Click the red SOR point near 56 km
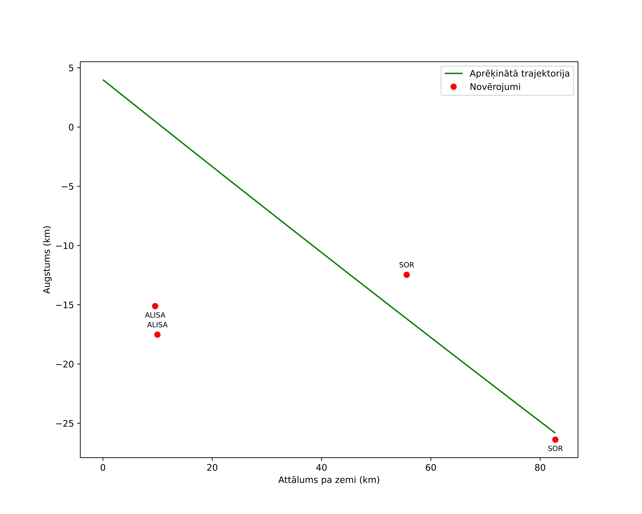tap(407, 275)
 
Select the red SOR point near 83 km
tap(555, 439)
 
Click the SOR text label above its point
tap(407, 265)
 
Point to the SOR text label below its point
tap(555, 449)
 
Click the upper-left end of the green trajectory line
tap(103, 80)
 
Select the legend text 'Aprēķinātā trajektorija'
tap(520, 74)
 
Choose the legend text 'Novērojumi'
tap(495, 87)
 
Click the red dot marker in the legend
tap(453, 87)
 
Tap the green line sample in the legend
tap(453, 73)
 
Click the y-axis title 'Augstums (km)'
tap(47, 259)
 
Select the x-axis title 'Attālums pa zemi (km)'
tap(329, 480)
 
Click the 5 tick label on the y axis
tap(71, 68)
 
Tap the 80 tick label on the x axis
tap(540, 468)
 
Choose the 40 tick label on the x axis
tap(322, 468)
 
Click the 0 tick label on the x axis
tap(103, 468)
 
